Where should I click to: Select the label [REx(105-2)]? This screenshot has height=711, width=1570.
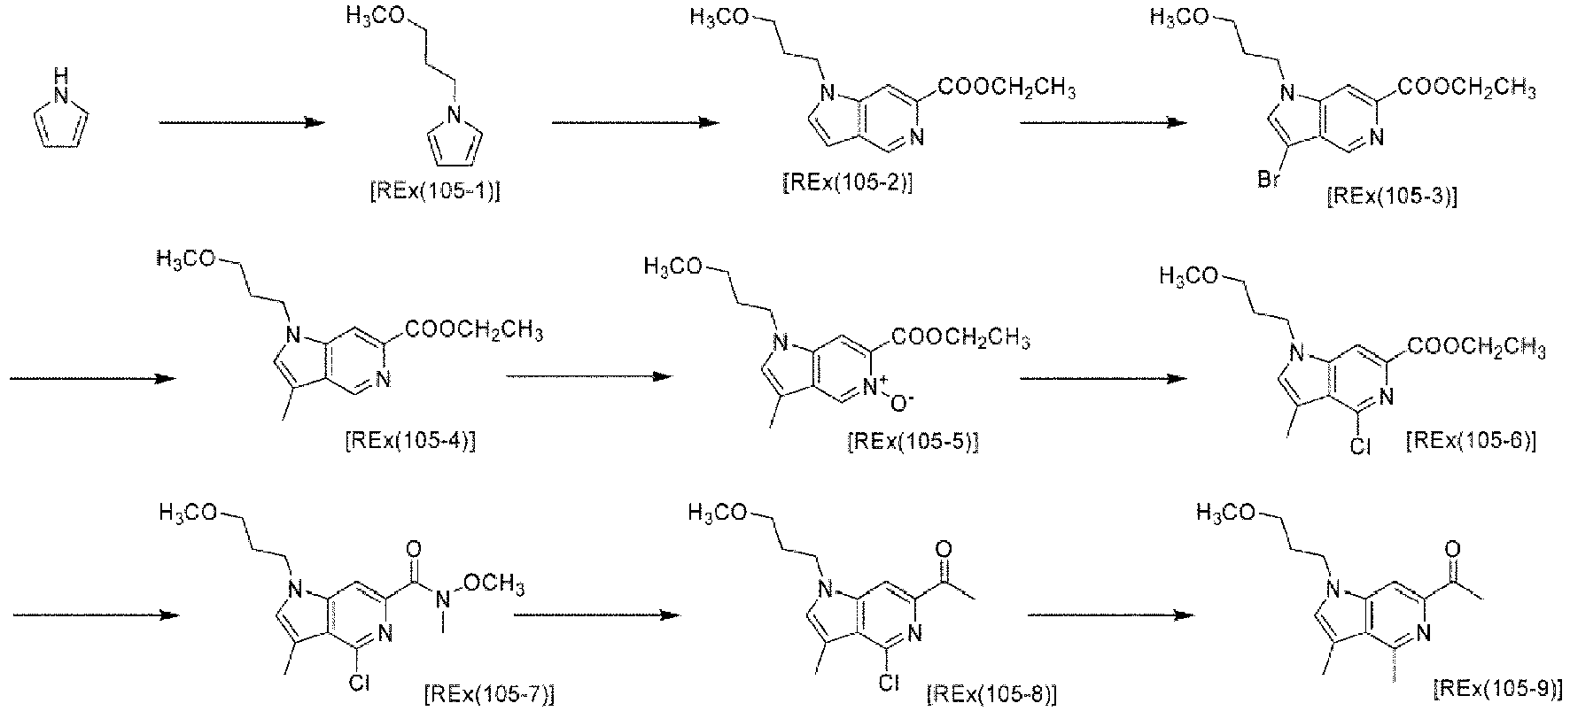pyautogui.click(x=848, y=182)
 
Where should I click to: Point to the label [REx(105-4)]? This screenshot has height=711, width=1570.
pyautogui.click(x=409, y=440)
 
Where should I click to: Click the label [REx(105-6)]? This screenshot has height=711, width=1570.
pyautogui.click(x=1471, y=440)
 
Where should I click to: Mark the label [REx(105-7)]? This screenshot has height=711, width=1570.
pyautogui.click(x=491, y=692)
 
